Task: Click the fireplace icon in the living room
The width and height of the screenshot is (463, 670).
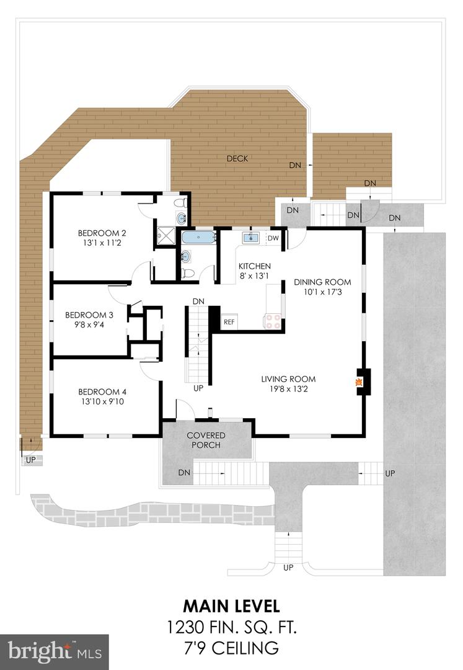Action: [x=359, y=382]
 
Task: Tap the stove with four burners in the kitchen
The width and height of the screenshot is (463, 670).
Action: [x=273, y=321]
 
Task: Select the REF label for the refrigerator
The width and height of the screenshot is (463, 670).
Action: [x=229, y=322]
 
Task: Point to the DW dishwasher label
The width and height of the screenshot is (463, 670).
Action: [x=273, y=238]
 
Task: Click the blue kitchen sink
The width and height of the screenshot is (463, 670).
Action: [x=252, y=238]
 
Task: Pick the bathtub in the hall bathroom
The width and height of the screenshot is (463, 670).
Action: [x=198, y=237]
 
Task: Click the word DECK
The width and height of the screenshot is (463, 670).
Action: [x=237, y=159]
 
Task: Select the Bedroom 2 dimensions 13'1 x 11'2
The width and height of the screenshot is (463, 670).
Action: [x=102, y=244]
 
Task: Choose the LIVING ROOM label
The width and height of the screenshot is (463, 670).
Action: [x=288, y=379]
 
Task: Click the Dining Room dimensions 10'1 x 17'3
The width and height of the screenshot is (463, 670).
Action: [x=322, y=292]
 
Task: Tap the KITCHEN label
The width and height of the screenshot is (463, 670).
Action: [x=255, y=266]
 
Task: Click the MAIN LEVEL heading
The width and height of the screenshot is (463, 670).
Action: [x=231, y=604]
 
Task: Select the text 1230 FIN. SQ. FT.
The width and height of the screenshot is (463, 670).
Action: [x=231, y=627]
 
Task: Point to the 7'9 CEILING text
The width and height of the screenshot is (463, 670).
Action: [x=231, y=649]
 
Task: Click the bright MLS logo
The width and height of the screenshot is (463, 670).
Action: [x=54, y=651]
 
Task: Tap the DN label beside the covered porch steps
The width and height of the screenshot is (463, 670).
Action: [x=184, y=473]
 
